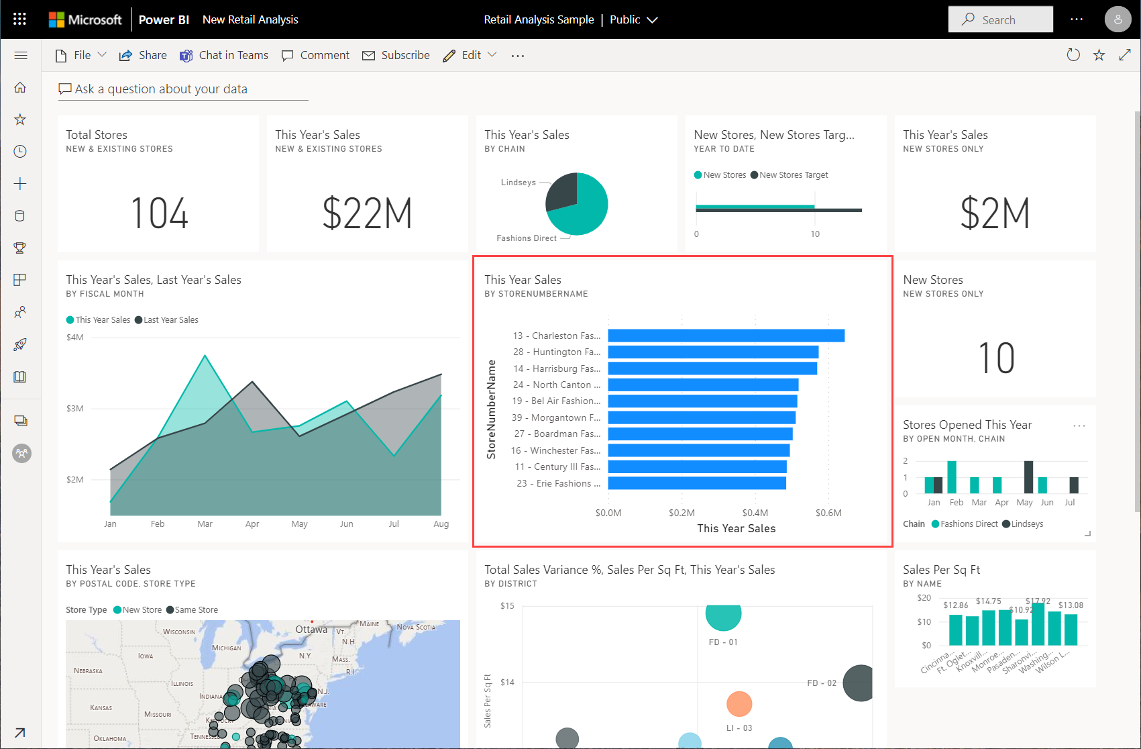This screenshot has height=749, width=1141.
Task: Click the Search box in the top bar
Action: tap(999, 20)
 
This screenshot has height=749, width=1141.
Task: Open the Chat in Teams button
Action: tap(224, 56)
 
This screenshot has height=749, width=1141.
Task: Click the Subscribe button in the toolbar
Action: tap(396, 56)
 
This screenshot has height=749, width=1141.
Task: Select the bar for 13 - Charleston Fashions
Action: tap(726, 336)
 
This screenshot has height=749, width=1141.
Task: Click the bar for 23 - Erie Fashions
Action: tap(696, 483)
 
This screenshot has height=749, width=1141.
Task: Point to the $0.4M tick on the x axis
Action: tap(755, 513)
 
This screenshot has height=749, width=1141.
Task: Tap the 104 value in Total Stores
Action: tap(159, 213)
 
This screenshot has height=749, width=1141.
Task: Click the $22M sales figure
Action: tap(367, 213)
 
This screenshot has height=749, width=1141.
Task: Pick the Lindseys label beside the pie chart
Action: tap(518, 183)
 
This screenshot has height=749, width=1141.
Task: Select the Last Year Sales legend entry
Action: tap(170, 320)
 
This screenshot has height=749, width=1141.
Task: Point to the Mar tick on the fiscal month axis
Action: tap(205, 524)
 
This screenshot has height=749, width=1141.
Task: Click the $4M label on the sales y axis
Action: tap(75, 338)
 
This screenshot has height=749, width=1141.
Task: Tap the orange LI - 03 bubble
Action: tap(739, 703)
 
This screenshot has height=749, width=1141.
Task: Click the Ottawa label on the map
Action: tap(311, 630)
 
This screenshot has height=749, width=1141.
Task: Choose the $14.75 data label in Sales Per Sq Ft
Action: tap(988, 601)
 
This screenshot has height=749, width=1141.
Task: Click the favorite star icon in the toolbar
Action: tap(1099, 55)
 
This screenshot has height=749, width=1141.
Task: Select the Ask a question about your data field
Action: tap(161, 89)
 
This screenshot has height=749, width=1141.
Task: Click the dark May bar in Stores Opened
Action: tap(1028, 477)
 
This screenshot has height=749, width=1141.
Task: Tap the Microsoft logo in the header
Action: tap(85, 19)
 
